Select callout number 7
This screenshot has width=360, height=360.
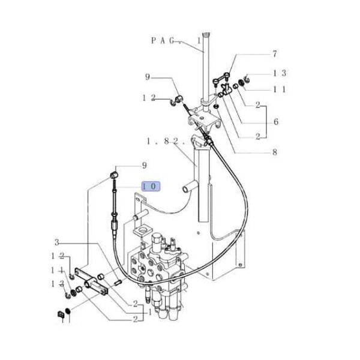[275, 54]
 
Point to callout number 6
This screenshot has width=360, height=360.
[276, 122]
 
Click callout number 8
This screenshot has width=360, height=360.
[275, 152]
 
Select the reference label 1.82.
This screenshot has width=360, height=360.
[164, 142]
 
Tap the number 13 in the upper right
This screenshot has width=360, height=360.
[280, 73]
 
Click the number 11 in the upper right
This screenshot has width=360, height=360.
[280, 89]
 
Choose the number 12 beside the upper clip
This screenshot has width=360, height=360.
[149, 98]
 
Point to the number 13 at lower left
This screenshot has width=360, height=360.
[57, 283]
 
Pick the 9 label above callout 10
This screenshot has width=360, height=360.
[144, 166]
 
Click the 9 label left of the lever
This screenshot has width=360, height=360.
[148, 77]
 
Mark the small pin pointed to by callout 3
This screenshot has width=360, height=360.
[118, 281]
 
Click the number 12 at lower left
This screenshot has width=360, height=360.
[57, 257]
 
